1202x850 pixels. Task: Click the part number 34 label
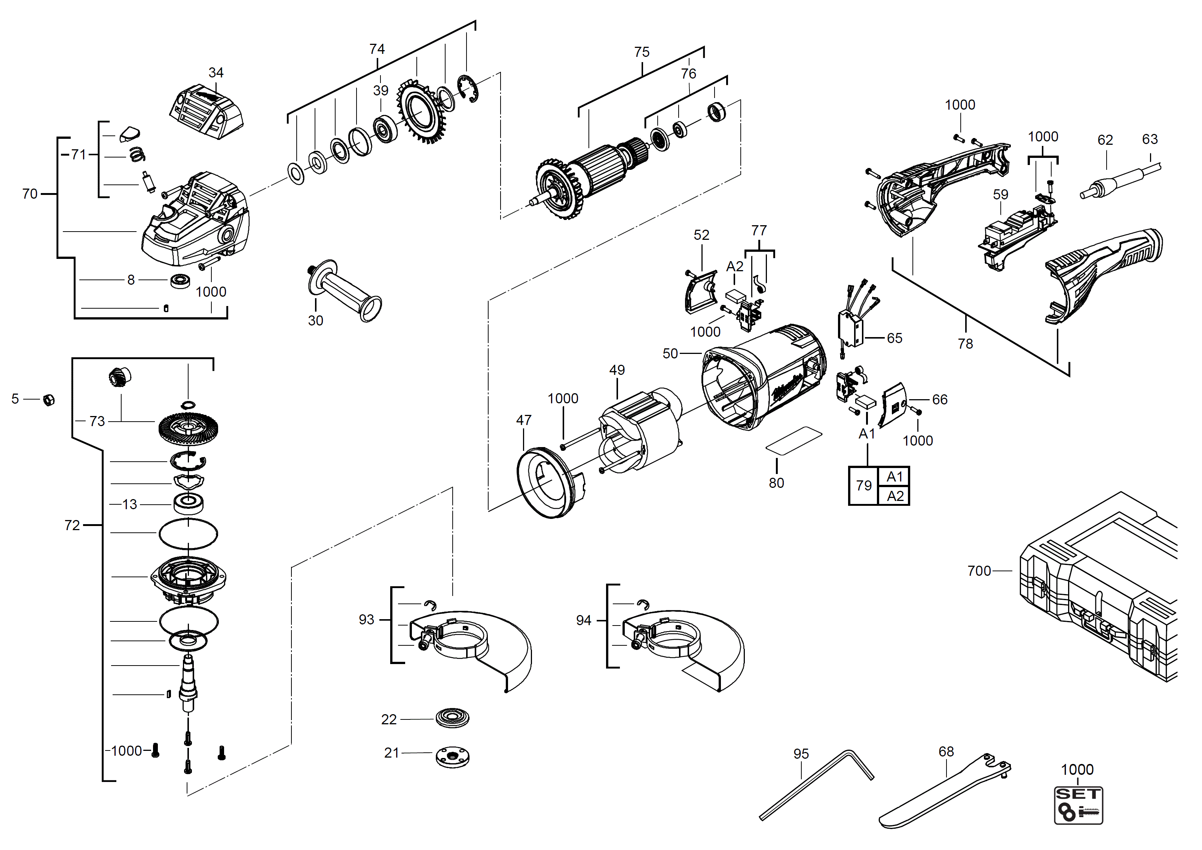216,73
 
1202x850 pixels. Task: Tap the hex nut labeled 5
49,400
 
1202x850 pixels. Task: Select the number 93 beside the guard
367,620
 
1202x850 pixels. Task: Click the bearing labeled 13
189,504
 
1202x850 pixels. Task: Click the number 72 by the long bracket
72,525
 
